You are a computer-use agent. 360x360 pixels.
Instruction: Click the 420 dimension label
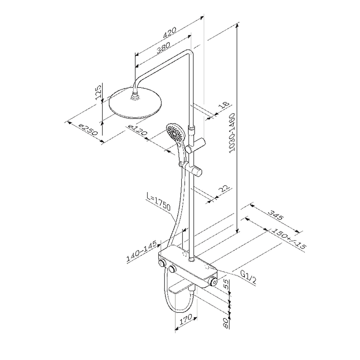point(169,32)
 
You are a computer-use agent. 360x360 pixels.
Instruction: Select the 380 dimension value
point(163,48)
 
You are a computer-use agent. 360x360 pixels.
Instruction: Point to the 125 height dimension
point(99,93)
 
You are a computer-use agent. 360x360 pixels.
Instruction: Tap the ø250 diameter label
point(88,130)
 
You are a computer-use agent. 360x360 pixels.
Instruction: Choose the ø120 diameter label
point(138,130)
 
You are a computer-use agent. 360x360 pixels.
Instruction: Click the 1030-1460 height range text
point(232,132)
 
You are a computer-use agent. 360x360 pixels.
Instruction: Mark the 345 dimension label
point(276,215)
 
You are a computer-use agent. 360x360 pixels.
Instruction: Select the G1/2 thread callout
point(248,277)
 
